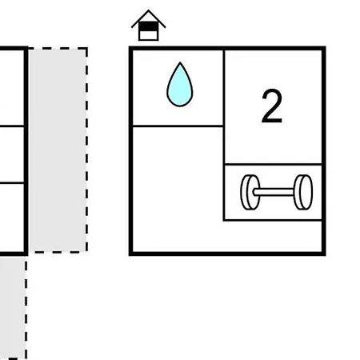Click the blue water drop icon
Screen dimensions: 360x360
(x=180, y=85)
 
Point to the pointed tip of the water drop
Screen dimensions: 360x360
(x=180, y=62)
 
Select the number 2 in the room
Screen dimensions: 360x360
(x=272, y=106)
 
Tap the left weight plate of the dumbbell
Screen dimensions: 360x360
(x=250, y=192)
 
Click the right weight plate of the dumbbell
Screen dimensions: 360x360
(x=303, y=192)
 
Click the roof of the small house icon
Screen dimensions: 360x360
(x=149, y=18)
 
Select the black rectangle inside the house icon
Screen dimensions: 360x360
(x=149, y=26)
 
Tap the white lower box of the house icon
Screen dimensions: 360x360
(x=149, y=35)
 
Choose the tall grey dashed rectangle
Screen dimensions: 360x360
(x=58, y=150)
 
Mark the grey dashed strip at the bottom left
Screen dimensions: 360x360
(x=13, y=306)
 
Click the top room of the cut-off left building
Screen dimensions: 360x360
(x=12, y=87)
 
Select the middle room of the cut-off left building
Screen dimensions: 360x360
(x=12, y=154)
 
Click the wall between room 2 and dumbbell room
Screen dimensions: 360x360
(x=273, y=164)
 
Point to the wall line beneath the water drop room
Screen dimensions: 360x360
(x=178, y=126)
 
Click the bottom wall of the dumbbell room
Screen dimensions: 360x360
(x=273, y=220)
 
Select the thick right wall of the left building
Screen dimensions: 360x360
(x=26, y=151)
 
